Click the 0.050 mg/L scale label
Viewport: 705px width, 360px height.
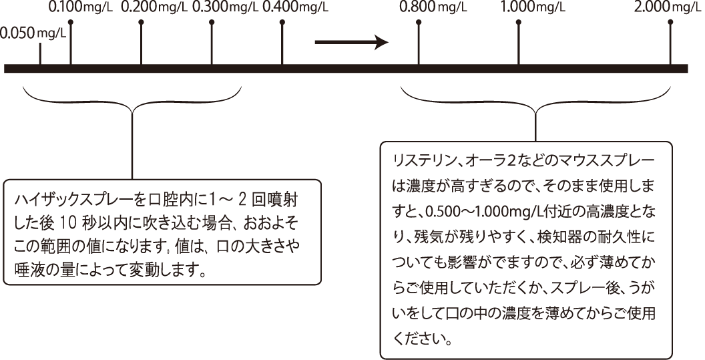34,34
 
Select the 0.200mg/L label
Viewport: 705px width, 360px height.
154,7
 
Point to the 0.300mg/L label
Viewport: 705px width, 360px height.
225,7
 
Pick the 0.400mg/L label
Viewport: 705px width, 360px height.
295,7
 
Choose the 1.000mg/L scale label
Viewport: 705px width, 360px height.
533,7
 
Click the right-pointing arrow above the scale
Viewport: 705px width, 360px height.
351,42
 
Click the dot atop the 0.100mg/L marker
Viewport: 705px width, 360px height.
71,22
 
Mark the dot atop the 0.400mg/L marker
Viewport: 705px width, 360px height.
282,22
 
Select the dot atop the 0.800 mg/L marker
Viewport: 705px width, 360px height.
419,22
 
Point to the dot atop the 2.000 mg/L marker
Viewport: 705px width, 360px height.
671,22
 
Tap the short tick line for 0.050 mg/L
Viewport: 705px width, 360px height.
40,54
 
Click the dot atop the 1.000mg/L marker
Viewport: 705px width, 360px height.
519,22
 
